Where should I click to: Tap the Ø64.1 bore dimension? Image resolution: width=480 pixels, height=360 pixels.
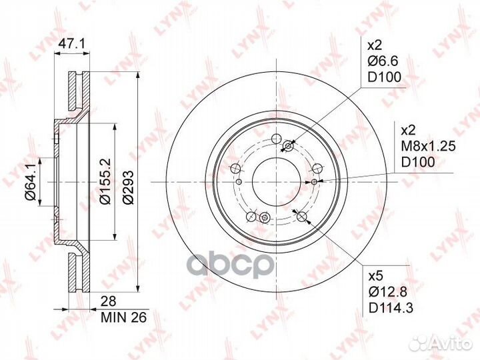(x=31, y=183)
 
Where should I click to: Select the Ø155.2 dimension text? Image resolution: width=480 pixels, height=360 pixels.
(x=105, y=181)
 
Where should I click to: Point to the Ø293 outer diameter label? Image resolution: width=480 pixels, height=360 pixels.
(x=128, y=187)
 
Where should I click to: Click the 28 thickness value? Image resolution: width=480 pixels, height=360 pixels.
(x=109, y=301)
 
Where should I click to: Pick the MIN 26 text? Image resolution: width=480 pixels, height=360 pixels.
(x=124, y=317)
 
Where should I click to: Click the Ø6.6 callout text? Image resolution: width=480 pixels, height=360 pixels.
(x=383, y=61)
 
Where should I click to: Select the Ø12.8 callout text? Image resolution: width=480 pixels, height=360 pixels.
(x=388, y=293)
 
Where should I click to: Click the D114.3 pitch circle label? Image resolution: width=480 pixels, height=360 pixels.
(x=391, y=308)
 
